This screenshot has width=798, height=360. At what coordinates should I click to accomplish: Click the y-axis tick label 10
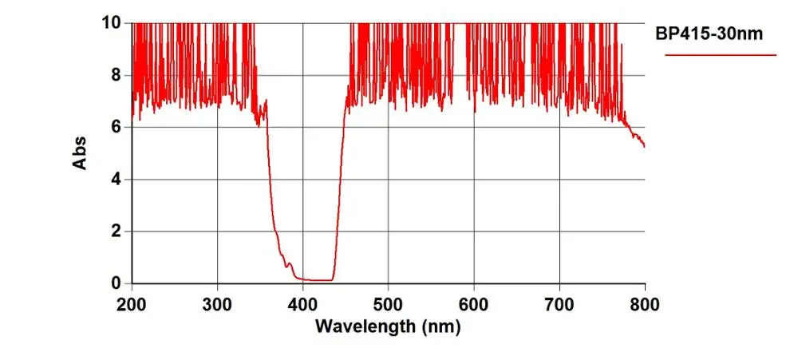coord(110,22)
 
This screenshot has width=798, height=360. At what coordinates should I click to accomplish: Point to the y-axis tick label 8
coord(116,75)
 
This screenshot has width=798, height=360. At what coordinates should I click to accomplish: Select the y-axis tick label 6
coord(116,127)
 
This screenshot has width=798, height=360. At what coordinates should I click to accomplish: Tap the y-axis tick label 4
coord(116,179)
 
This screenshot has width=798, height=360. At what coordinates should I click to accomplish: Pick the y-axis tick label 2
coord(116,231)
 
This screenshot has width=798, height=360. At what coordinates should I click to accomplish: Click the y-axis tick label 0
coord(116,283)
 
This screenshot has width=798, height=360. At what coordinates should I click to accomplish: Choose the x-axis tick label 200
coord(132,303)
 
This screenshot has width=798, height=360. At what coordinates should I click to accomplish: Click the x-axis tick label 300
coord(217,303)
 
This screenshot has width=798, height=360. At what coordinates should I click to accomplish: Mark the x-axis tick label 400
coord(302,303)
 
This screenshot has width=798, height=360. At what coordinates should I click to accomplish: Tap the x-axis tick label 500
coord(388,303)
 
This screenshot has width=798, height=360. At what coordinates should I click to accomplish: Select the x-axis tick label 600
coord(474,303)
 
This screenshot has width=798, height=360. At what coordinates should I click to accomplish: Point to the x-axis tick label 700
coord(559,303)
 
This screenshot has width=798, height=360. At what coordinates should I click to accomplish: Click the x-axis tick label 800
coord(644,303)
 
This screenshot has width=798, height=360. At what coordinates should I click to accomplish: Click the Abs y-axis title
coord(80,152)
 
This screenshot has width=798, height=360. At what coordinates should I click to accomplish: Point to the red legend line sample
coord(721,55)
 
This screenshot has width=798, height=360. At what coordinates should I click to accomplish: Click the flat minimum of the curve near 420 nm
coord(320,280)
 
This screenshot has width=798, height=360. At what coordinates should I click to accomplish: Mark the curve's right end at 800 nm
coord(644,146)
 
